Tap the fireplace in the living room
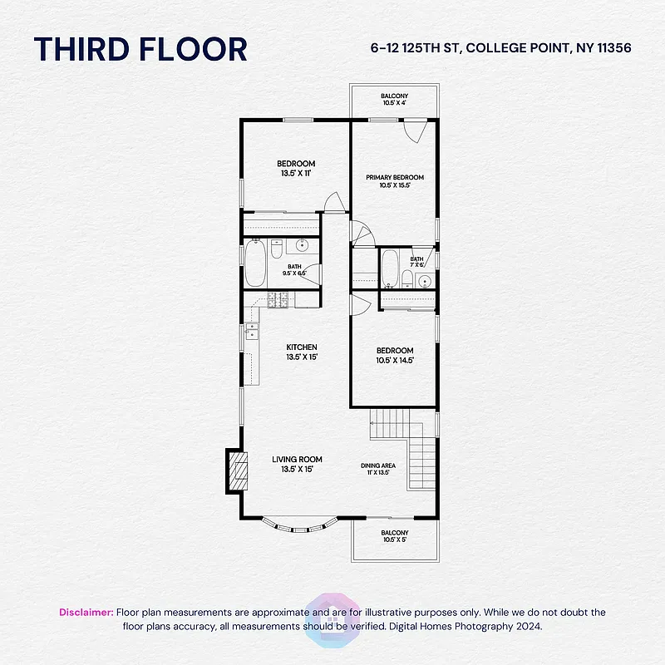(x=238, y=471)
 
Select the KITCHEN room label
(x=302, y=347)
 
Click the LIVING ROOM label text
(x=297, y=459)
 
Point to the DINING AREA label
(x=377, y=465)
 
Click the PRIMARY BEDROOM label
(x=395, y=177)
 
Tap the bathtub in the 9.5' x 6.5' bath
(x=255, y=263)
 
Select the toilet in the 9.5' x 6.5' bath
(x=278, y=246)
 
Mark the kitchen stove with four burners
(x=278, y=300)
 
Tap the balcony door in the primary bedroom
(x=415, y=131)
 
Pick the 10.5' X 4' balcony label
(x=395, y=100)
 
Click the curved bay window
(x=296, y=525)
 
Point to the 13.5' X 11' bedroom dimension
(x=295, y=173)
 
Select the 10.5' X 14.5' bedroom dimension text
(x=395, y=361)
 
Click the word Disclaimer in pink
(x=86, y=612)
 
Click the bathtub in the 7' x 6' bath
(x=389, y=267)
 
